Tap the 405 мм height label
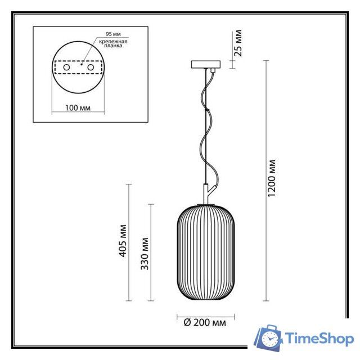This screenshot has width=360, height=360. tap(124, 242)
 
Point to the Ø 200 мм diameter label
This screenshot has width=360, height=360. tap(205, 322)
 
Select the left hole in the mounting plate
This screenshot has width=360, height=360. tap(66, 67)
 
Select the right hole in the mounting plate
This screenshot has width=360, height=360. tap(89, 67)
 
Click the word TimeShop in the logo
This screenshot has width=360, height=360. tap(319, 338)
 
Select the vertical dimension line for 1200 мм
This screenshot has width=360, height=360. tap(265, 180)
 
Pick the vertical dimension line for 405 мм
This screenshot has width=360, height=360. tap(130, 242)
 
